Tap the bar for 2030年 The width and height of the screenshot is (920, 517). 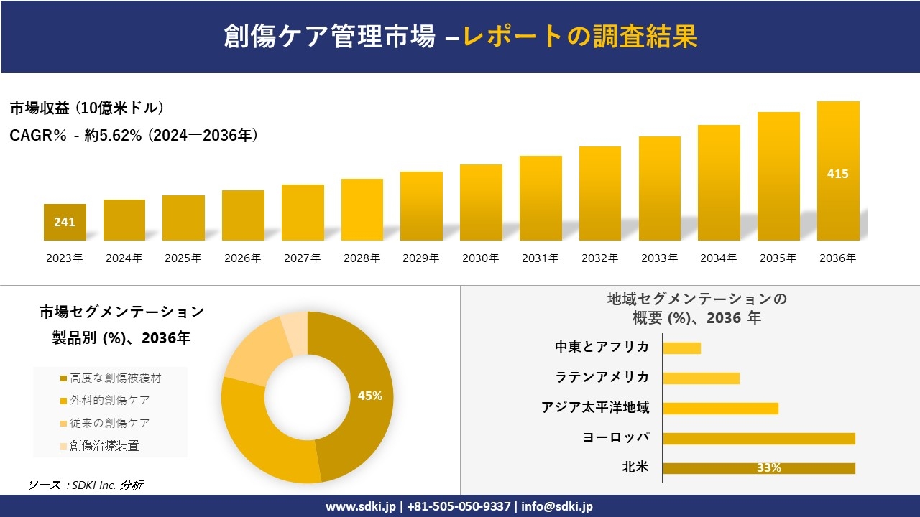pyautogui.click(x=481, y=202)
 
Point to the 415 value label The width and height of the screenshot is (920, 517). pyautogui.click(x=838, y=174)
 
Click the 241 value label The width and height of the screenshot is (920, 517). pyautogui.click(x=65, y=222)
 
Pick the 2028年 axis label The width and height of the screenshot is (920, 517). pyautogui.click(x=362, y=258)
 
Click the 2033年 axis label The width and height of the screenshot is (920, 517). pyautogui.click(x=659, y=258)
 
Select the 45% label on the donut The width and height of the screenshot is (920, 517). pyautogui.click(x=370, y=396)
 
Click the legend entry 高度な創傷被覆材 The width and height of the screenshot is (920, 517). pyautogui.click(x=111, y=378)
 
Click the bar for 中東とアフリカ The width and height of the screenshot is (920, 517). pyautogui.click(x=681, y=348)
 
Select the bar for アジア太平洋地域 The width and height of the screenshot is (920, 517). pyautogui.click(x=720, y=409)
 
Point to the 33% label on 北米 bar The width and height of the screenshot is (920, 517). pyautogui.click(x=768, y=468)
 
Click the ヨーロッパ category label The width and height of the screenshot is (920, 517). pyautogui.click(x=616, y=437)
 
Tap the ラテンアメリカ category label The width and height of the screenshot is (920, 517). pyautogui.click(x=602, y=377)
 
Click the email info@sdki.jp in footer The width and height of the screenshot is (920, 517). pyautogui.click(x=558, y=506)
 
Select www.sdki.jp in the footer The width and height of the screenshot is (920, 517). pyautogui.click(x=360, y=506)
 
